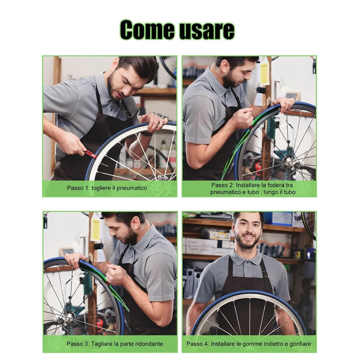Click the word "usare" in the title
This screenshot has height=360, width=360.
(x=205, y=30)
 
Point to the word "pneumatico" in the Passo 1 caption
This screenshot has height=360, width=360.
(x=132, y=188)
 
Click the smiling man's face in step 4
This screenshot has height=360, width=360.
(x=248, y=231)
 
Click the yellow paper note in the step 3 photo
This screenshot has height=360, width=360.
(x=95, y=229)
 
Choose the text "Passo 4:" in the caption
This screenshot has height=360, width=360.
(x=197, y=343)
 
